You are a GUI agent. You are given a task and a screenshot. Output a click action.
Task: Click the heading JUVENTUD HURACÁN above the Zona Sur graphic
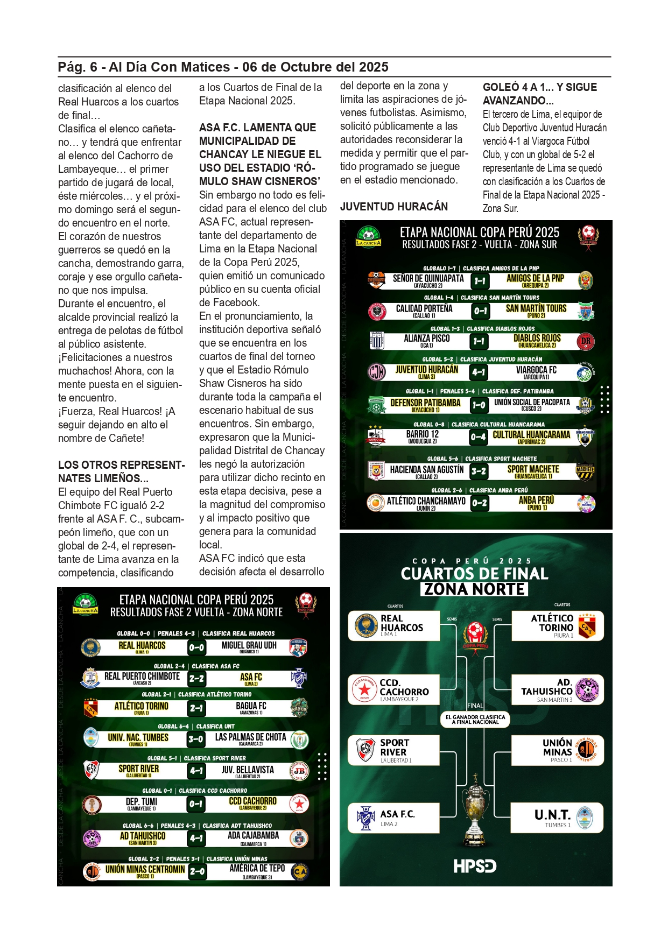[x=393, y=207]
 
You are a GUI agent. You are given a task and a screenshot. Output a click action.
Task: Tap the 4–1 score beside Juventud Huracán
[x=479, y=371]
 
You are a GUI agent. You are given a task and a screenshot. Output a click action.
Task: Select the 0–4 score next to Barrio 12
[x=479, y=437]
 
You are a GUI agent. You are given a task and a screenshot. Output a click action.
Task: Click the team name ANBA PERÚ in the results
[x=536, y=501]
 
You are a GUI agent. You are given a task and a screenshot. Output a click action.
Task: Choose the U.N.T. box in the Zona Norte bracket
[x=557, y=818]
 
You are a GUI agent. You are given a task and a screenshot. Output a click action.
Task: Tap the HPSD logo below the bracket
[x=475, y=866]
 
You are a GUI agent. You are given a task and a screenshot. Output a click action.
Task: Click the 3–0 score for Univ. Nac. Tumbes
[x=196, y=739]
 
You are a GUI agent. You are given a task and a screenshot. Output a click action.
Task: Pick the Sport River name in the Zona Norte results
[x=138, y=769]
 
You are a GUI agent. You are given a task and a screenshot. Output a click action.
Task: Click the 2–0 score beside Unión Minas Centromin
[x=197, y=871]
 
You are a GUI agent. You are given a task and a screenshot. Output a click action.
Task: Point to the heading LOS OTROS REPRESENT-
[x=121, y=465]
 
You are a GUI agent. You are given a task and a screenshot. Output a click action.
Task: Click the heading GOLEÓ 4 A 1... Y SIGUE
[x=539, y=87]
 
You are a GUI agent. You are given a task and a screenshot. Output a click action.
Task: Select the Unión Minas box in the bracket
[x=557, y=750]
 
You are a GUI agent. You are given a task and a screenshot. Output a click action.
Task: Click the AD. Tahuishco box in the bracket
[x=557, y=689]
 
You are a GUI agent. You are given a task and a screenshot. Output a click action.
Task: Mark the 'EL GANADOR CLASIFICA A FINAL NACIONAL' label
[x=475, y=720]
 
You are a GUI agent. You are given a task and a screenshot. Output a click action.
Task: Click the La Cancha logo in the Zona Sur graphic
[x=368, y=236]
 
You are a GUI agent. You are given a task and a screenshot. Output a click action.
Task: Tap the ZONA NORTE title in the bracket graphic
[x=474, y=589]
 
